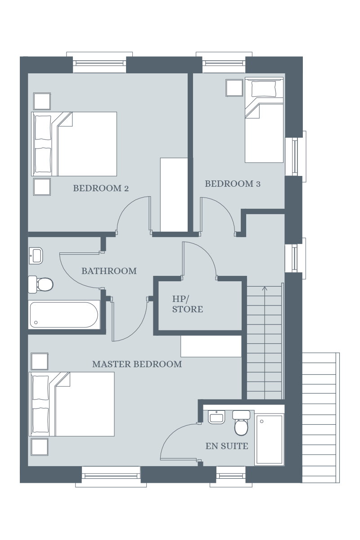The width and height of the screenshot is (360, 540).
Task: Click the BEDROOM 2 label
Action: point(101,188)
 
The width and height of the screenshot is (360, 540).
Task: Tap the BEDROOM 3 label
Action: point(233,184)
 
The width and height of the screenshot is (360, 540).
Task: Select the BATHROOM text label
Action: point(109,271)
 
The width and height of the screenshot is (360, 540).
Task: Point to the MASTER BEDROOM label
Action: point(137,364)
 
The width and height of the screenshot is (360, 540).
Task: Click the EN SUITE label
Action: point(227,446)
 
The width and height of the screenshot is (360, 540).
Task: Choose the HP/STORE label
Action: point(187,304)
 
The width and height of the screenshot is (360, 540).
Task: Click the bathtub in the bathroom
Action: point(64,315)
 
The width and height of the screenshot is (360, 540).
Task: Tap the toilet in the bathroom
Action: point(40,284)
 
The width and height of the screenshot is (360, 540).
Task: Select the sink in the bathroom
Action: point(36,256)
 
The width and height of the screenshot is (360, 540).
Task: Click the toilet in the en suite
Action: point(241,423)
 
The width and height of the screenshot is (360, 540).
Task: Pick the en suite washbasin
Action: point(216,417)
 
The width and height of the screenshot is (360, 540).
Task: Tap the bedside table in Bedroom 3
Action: point(234,88)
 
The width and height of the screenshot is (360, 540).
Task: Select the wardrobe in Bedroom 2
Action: point(174,195)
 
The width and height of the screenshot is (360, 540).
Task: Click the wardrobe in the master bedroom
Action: point(211,346)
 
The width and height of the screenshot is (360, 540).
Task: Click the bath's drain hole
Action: point(36,322)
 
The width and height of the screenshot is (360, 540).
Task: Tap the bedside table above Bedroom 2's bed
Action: point(42,101)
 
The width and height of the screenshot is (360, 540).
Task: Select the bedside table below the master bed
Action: point(40,447)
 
